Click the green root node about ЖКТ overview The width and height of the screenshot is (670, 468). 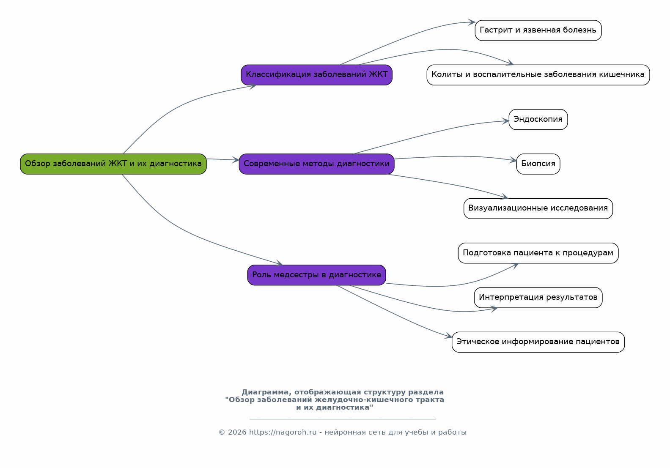(113, 164)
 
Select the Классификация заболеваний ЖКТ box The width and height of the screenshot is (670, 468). (316, 75)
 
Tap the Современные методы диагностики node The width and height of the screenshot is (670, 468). (316, 164)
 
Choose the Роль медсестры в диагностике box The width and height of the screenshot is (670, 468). (316, 275)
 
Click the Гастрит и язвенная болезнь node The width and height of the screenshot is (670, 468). (538, 30)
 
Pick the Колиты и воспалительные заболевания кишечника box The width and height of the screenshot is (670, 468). (538, 75)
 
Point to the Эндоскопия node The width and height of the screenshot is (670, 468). (538, 120)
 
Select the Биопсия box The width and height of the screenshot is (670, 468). (538, 164)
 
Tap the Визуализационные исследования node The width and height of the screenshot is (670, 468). (538, 208)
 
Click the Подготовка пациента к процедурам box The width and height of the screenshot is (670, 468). (538, 253)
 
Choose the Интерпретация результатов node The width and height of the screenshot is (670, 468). (538, 298)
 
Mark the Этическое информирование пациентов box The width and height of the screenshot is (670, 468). (538, 342)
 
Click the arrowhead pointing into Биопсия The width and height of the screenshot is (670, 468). (513, 160)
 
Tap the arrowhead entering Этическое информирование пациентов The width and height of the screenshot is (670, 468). (449, 337)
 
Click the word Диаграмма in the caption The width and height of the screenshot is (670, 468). (266, 392)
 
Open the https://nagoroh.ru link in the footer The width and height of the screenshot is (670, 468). (283, 432)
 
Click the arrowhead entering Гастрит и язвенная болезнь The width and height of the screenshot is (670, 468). (472, 22)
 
